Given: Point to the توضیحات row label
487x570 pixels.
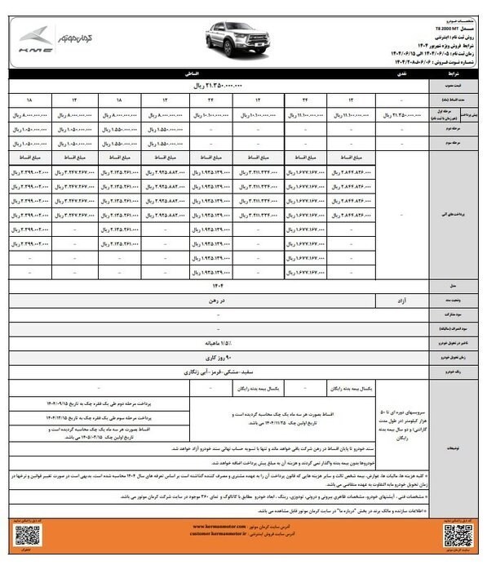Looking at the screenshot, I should (x=458, y=425).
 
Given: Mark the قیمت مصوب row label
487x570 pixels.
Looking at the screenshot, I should (x=458, y=84).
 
